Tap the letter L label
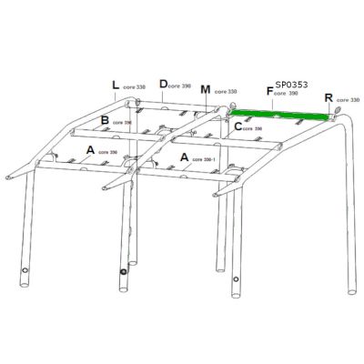[116, 86]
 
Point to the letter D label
[163, 85]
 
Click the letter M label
[205, 90]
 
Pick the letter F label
[269, 91]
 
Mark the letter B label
[106, 120]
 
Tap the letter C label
[238, 126]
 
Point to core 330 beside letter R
[349, 99]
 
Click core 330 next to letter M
[226, 92]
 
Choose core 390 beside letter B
[123, 123]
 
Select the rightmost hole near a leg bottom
[238, 278]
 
